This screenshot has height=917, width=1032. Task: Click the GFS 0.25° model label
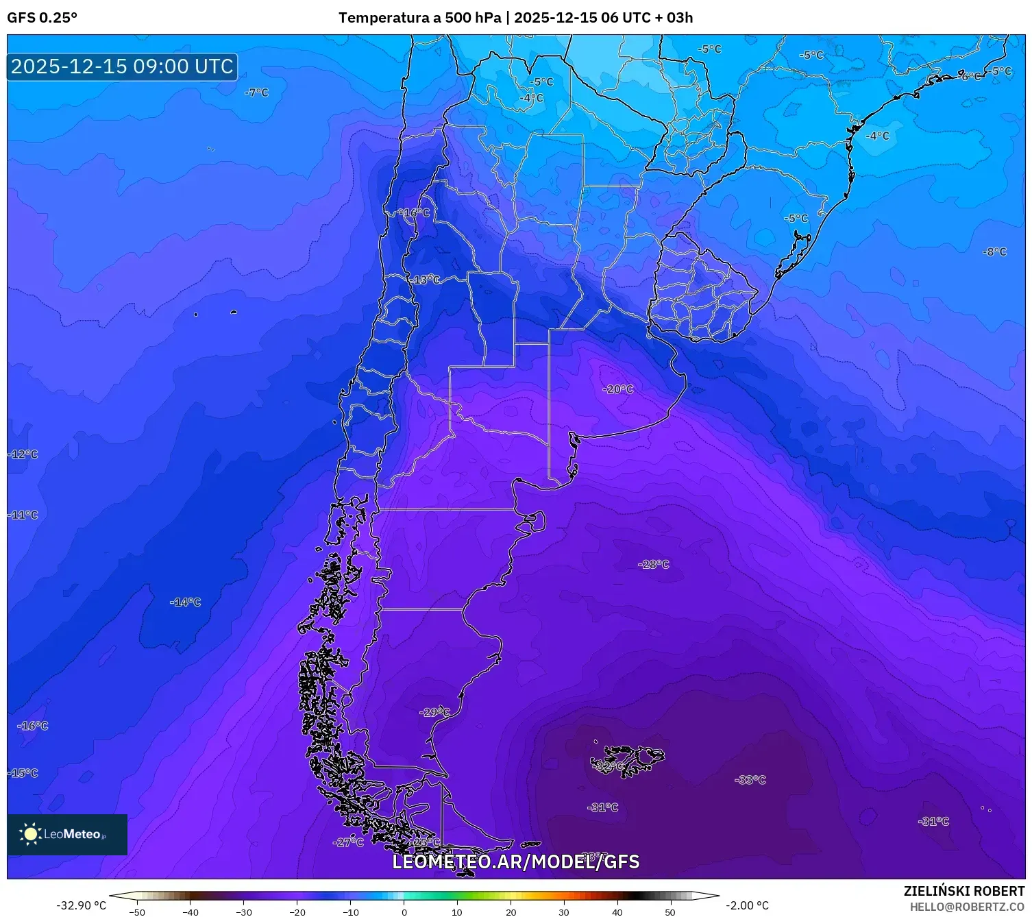[x=42, y=18]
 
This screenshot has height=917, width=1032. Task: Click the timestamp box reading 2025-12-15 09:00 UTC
[x=122, y=66]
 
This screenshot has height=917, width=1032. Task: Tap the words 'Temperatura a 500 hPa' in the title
[x=419, y=18]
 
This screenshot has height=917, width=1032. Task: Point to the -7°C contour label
[x=257, y=93]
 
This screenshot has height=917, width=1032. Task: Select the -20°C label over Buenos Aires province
[x=618, y=389]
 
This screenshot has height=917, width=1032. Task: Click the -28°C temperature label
[x=654, y=564]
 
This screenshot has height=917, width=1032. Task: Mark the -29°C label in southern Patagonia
[x=434, y=712]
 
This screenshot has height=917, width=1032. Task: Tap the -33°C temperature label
[x=750, y=780]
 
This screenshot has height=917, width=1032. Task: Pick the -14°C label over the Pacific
[x=186, y=602]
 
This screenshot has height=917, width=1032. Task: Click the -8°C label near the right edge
[x=995, y=252]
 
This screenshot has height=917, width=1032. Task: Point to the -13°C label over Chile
[x=426, y=280]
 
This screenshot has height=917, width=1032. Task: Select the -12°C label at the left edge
[x=23, y=454]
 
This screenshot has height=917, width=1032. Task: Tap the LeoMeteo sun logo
[x=30, y=834]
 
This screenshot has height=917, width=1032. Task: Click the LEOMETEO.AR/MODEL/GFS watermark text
[x=515, y=862]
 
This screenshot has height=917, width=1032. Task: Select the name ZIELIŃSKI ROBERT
[x=963, y=891]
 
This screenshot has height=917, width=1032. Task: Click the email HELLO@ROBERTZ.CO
[x=967, y=907]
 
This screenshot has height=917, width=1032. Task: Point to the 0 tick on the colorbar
[x=404, y=912]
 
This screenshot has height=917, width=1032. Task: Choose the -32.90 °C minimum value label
[x=81, y=905]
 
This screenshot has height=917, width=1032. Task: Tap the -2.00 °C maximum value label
[x=747, y=905]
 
